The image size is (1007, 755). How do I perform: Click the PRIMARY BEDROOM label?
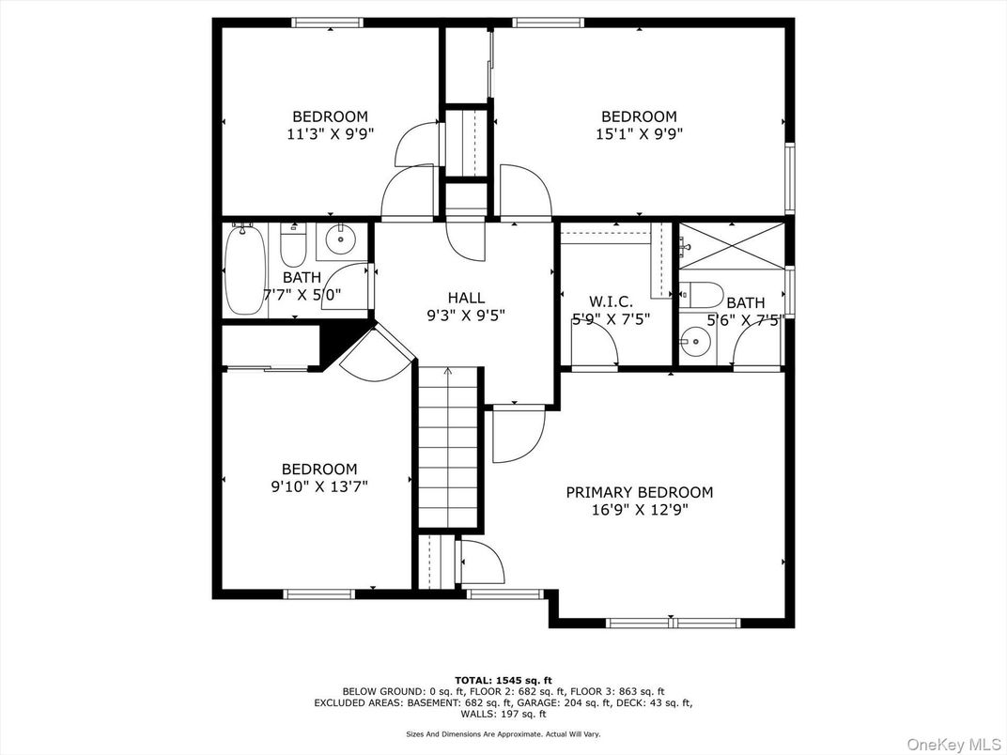click(639, 492)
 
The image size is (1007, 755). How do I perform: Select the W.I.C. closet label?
click(611, 301)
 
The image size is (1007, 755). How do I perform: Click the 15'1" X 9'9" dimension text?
click(639, 133)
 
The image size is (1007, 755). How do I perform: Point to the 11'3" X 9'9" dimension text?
click(330, 133)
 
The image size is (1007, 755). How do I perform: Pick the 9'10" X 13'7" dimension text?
click(319, 486)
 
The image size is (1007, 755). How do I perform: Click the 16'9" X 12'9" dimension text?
click(639, 510)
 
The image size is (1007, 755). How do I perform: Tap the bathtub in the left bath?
click(244, 270)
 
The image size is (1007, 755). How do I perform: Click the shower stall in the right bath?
click(731, 247)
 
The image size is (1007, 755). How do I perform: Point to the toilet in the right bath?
click(701, 294)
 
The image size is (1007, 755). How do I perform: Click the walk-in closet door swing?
click(596, 349)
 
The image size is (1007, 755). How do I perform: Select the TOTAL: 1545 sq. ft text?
click(503, 679)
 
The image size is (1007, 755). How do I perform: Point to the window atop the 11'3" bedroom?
click(328, 23)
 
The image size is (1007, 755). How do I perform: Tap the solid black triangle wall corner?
click(333, 345)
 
